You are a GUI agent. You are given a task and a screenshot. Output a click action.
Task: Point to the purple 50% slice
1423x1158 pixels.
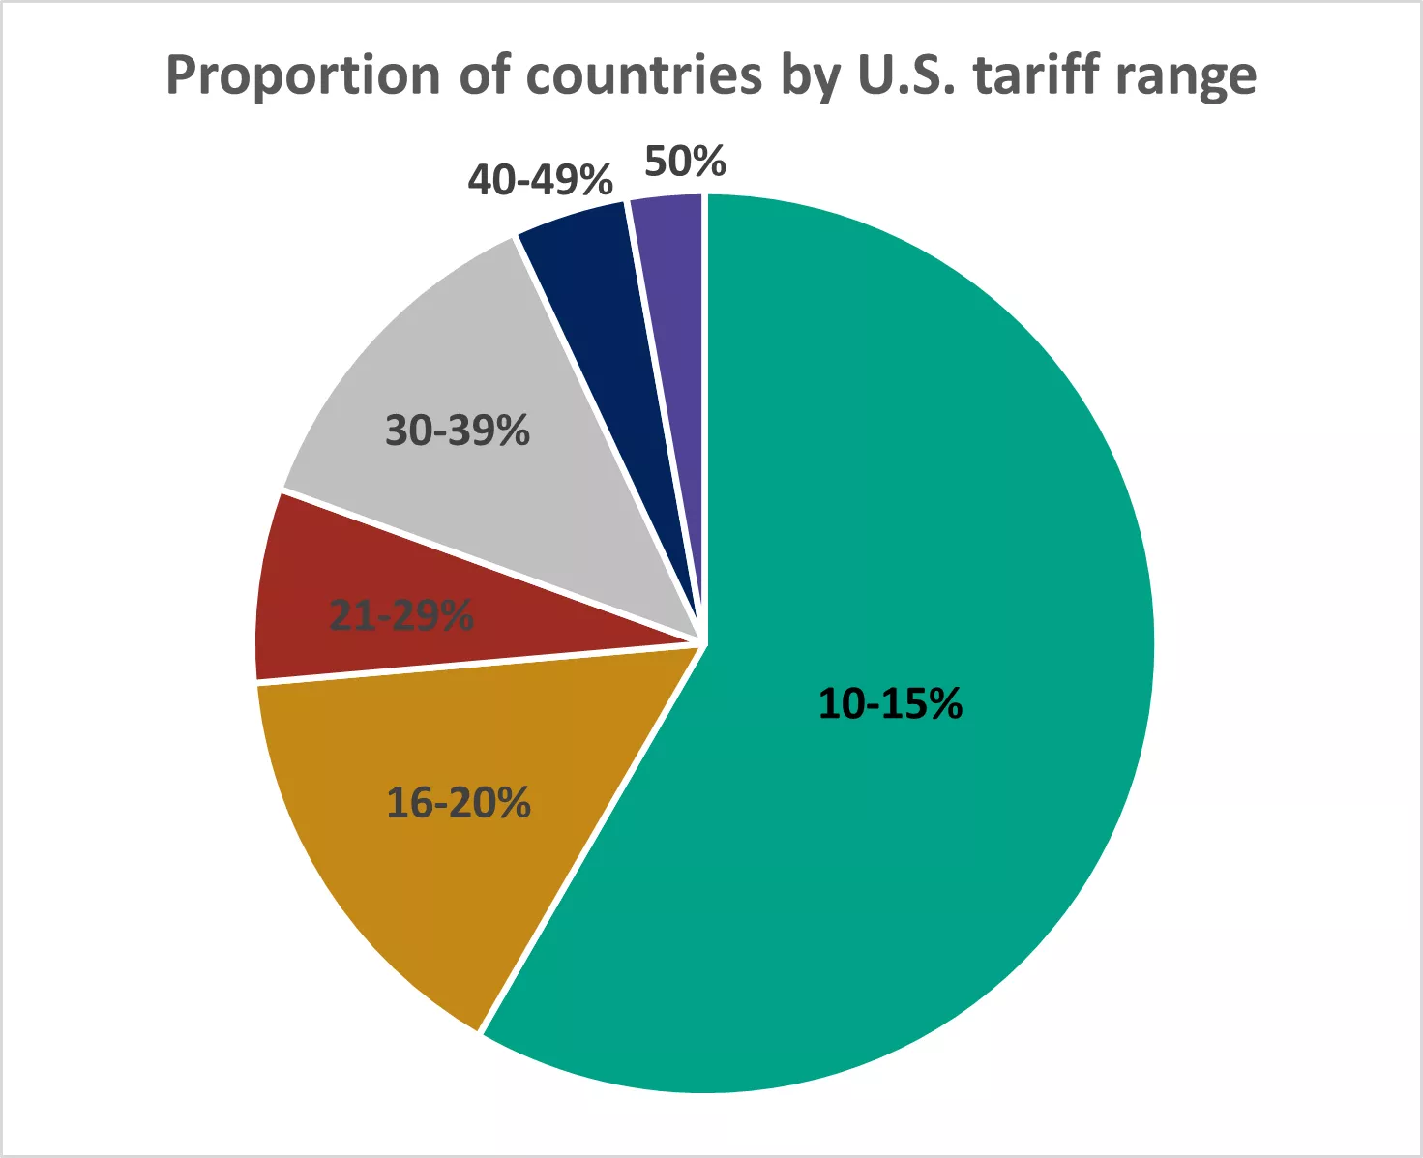(x=673, y=252)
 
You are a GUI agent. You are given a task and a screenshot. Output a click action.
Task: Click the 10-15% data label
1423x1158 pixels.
(x=890, y=703)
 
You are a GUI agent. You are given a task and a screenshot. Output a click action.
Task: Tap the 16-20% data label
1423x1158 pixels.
(x=459, y=803)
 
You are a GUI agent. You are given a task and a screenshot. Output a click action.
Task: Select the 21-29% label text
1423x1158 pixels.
(x=401, y=615)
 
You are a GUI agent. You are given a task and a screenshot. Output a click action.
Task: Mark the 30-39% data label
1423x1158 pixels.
(x=458, y=431)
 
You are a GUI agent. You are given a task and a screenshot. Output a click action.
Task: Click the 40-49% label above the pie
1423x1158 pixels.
(x=540, y=180)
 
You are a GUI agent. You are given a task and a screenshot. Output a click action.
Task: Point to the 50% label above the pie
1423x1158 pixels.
(x=685, y=162)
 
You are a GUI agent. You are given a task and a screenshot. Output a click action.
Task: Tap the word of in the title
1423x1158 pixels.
(x=486, y=75)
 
